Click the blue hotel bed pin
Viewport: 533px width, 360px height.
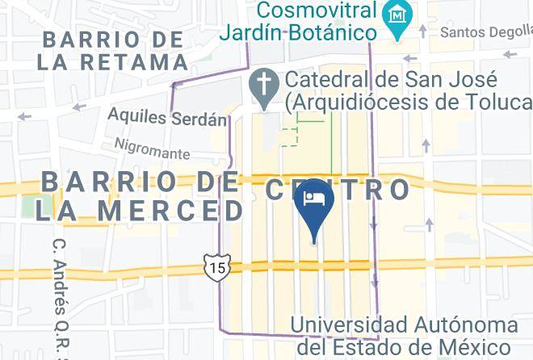tap(313, 207)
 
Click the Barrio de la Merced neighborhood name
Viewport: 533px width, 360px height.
tap(137, 195)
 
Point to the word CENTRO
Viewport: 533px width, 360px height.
tap(338, 190)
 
